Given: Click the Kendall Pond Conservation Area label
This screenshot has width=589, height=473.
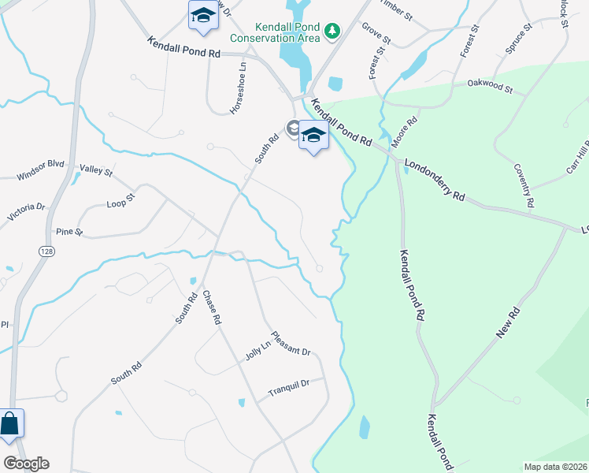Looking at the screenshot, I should pyautogui.click(x=276, y=31).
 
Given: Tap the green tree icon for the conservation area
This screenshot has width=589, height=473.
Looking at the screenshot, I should pyautogui.click(x=334, y=30).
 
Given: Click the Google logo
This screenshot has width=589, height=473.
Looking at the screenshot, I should pyautogui.click(x=26, y=464).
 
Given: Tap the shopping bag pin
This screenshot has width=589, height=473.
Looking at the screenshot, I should pyautogui.click(x=10, y=424).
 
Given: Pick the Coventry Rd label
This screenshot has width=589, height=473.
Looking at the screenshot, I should pyautogui.click(x=524, y=185).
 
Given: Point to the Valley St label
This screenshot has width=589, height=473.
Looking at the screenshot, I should pyautogui.click(x=97, y=169).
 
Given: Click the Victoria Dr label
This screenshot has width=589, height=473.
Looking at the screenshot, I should pyautogui.click(x=27, y=212).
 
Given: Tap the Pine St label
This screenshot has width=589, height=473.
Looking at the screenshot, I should pyautogui.click(x=69, y=232).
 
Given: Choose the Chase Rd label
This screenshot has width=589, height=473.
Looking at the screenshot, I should pyautogui.click(x=209, y=309).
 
